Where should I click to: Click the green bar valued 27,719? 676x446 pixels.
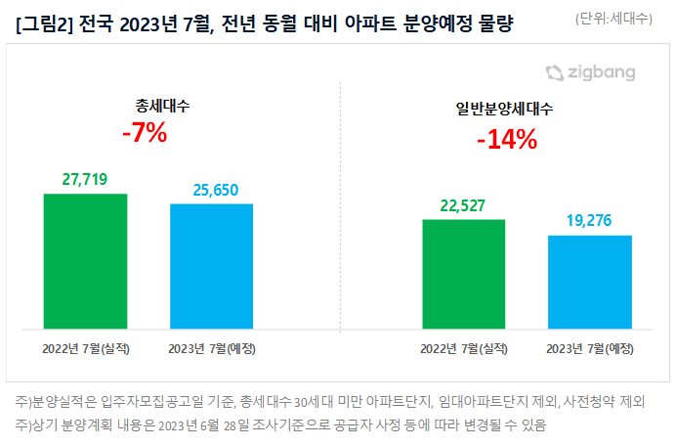point(86,261)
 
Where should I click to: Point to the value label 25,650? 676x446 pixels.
point(211,190)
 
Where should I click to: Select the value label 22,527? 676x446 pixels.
point(464,205)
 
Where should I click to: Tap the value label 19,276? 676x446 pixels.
point(590,221)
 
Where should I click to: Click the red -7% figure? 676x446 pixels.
point(145,134)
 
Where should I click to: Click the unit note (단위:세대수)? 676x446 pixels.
point(613,19)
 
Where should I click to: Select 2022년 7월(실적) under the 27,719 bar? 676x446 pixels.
point(86,348)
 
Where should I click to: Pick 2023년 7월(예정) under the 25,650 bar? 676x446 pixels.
point(211,348)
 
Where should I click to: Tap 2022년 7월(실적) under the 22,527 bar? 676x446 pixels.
point(464,348)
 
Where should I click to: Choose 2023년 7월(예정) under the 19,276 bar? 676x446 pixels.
point(590,348)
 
